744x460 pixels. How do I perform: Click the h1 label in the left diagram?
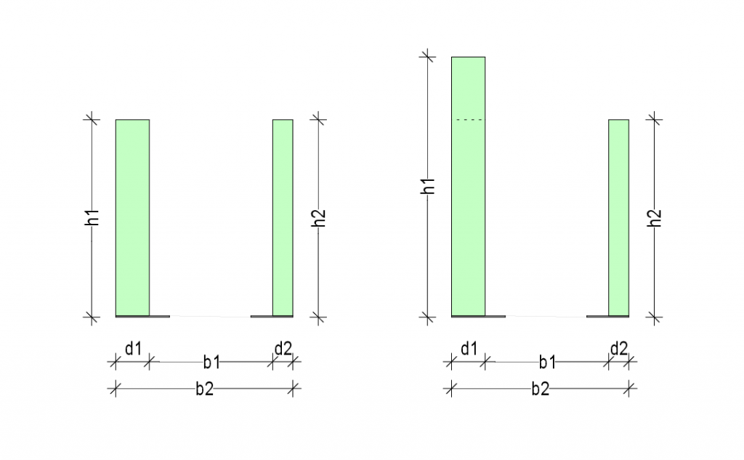point(92,217)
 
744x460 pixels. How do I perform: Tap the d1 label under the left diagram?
point(134,349)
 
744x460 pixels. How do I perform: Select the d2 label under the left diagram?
point(283,349)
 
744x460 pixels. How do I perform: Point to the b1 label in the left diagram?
point(211,362)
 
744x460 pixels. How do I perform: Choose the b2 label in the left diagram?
point(204,389)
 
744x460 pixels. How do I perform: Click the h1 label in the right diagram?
point(428,186)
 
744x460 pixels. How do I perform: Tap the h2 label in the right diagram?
point(655,217)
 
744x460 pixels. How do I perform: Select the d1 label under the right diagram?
point(469,349)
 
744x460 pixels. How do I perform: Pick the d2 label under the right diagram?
point(619,349)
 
